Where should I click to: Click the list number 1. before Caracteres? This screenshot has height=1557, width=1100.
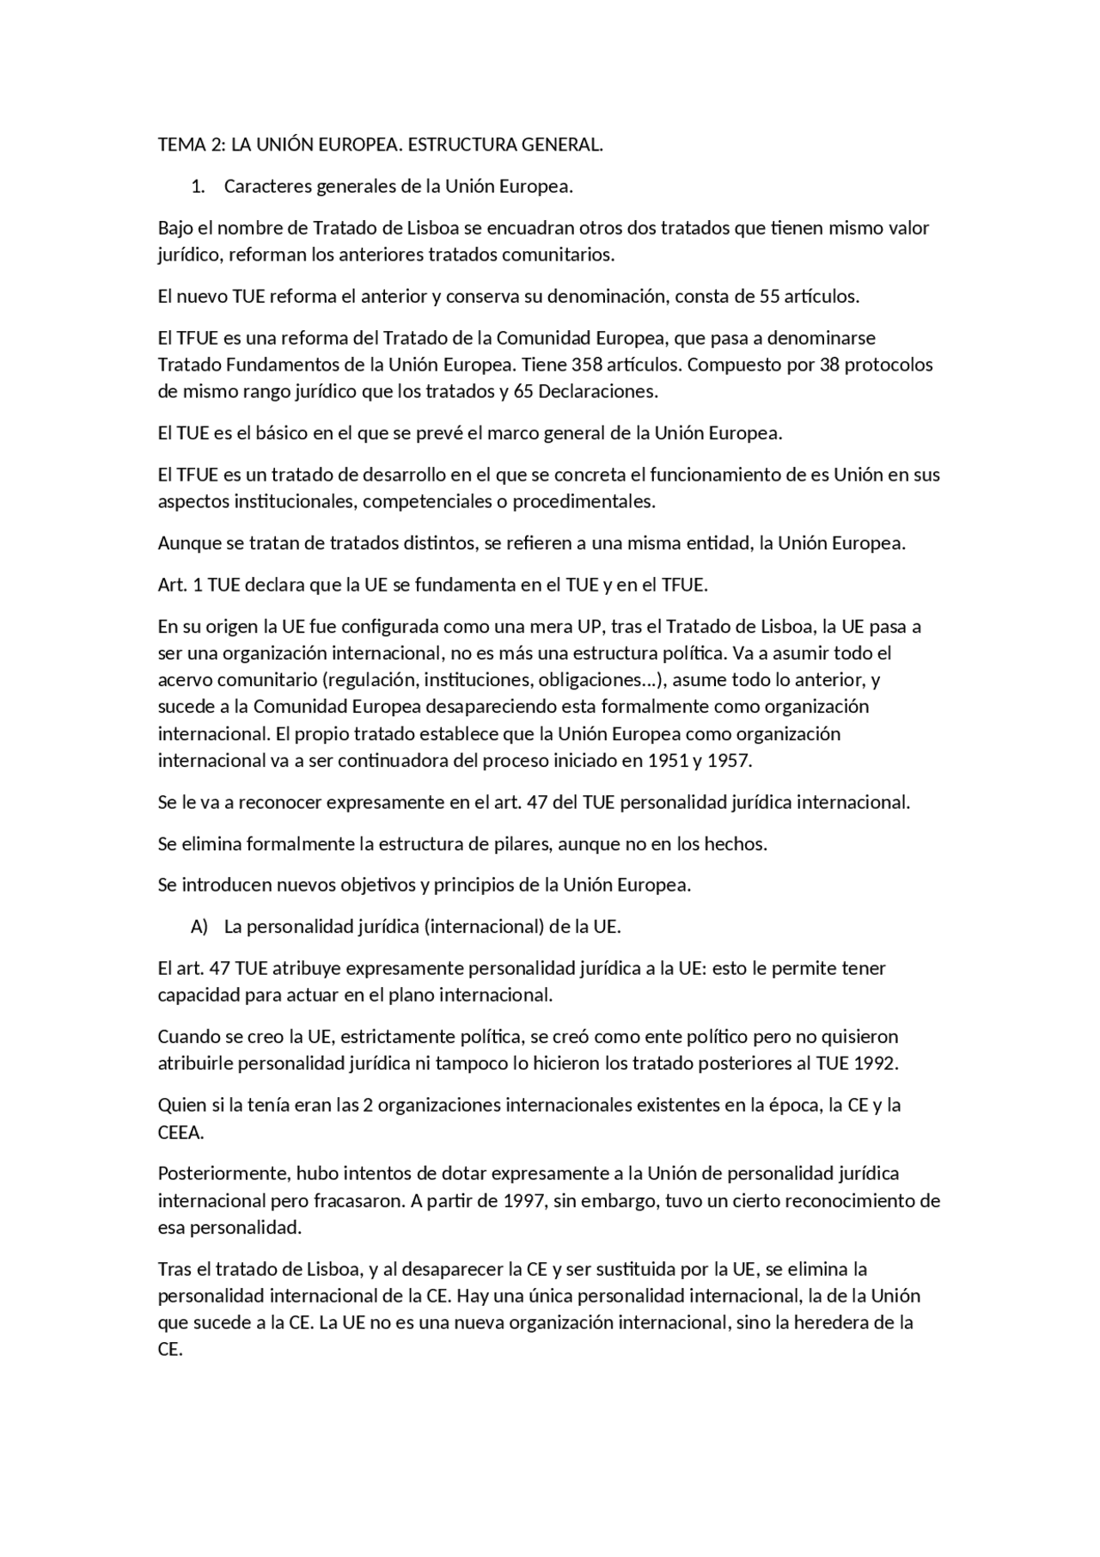coord(199,187)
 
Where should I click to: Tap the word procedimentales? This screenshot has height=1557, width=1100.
coord(584,501)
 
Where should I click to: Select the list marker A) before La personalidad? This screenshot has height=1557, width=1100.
coord(199,927)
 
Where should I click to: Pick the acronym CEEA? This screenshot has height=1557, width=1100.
coord(180,1133)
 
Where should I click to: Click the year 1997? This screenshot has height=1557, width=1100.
coord(524,1201)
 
